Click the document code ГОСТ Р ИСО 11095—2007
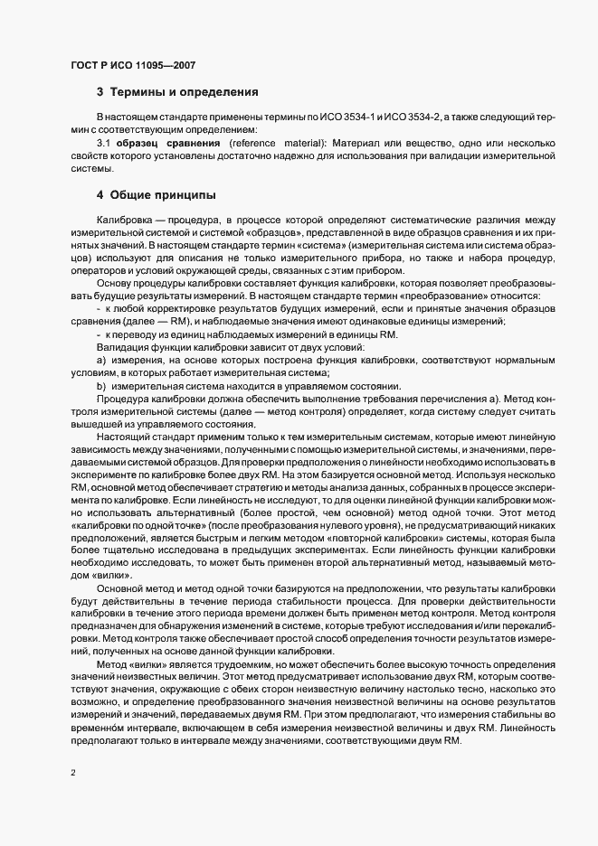click(x=133, y=65)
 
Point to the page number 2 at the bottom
click(x=73, y=774)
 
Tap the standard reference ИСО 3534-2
click(x=411, y=118)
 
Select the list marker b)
click(x=100, y=386)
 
